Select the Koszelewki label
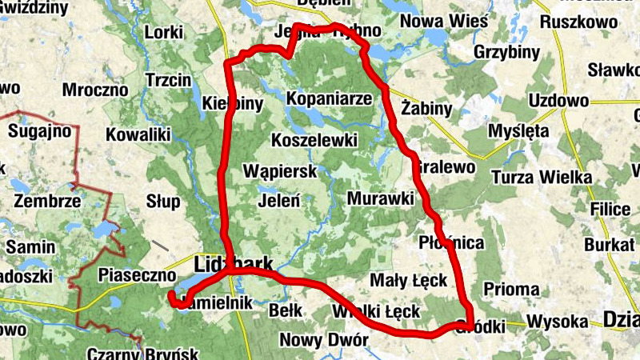pyautogui.click(x=314, y=140)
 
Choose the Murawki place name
pyautogui.click(x=380, y=197)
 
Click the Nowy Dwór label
pyautogui.click(x=323, y=340)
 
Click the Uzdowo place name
pyautogui.click(x=558, y=101)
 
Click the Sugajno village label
pyautogui.click(x=40, y=130)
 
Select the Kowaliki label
pyautogui.click(x=138, y=134)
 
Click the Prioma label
pyautogui.click(x=510, y=289)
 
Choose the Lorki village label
pyautogui.click(x=165, y=32)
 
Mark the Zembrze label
pyautogui.click(x=46, y=201)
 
